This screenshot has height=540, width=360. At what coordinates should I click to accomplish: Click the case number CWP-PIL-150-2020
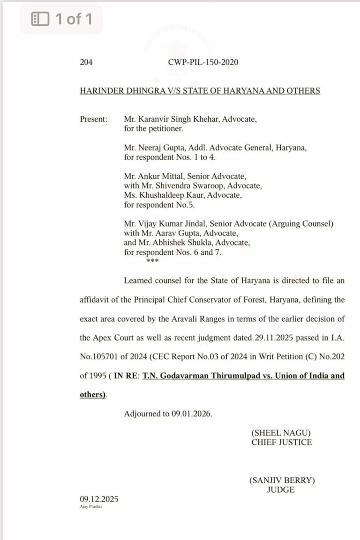tap(202, 62)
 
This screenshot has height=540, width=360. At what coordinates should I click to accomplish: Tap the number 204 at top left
tap(86, 62)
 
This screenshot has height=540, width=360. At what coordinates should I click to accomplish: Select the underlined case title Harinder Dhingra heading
tap(200, 90)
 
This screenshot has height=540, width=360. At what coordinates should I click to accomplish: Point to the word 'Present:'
tap(94, 119)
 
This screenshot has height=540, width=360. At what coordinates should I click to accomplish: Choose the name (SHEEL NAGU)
tap(281, 433)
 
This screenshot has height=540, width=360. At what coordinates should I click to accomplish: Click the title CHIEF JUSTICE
tap(281, 442)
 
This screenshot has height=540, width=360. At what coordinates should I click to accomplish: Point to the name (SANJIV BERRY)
tap(281, 480)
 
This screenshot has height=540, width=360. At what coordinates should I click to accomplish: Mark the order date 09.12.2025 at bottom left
tap(99, 499)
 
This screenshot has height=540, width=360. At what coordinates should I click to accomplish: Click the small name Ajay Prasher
tap(91, 506)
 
